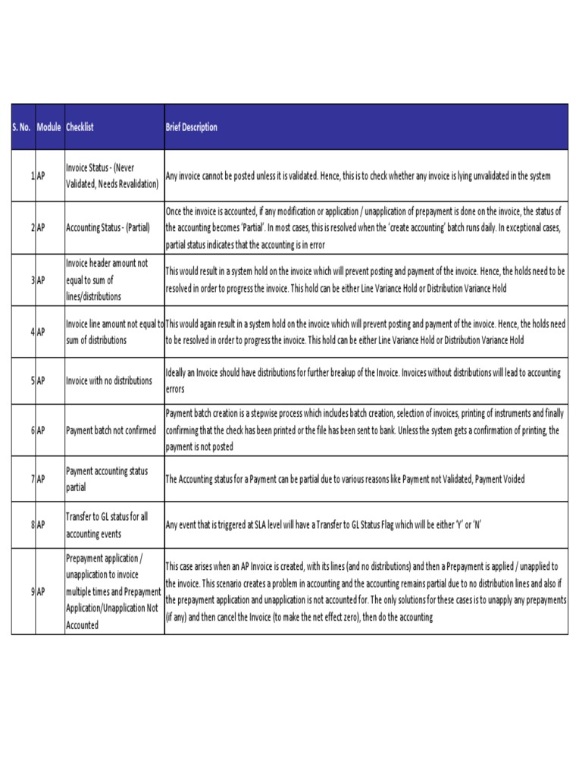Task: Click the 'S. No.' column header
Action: click(x=21, y=127)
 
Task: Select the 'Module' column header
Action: click(x=48, y=127)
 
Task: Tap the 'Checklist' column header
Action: click(x=80, y=127)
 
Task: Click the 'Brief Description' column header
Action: click(x=192, y=127)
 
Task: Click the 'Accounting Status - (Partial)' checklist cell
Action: click(x=107, y=227)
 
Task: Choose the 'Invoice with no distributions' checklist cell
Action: click(x=109, y=381)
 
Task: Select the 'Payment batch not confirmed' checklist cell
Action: click(x=111, y=430)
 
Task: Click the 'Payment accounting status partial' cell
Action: click(x=107, y=479)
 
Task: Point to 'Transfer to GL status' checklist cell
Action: click(x=107, y=524)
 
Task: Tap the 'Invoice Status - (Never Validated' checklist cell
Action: click(x=112, y=176)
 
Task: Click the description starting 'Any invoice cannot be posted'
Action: click(x=358, y=176)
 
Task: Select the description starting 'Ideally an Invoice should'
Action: click(x=363, y=381)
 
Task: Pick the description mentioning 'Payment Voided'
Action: click(x=345, y=479)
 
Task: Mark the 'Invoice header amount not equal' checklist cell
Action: click(x=107, y=280)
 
